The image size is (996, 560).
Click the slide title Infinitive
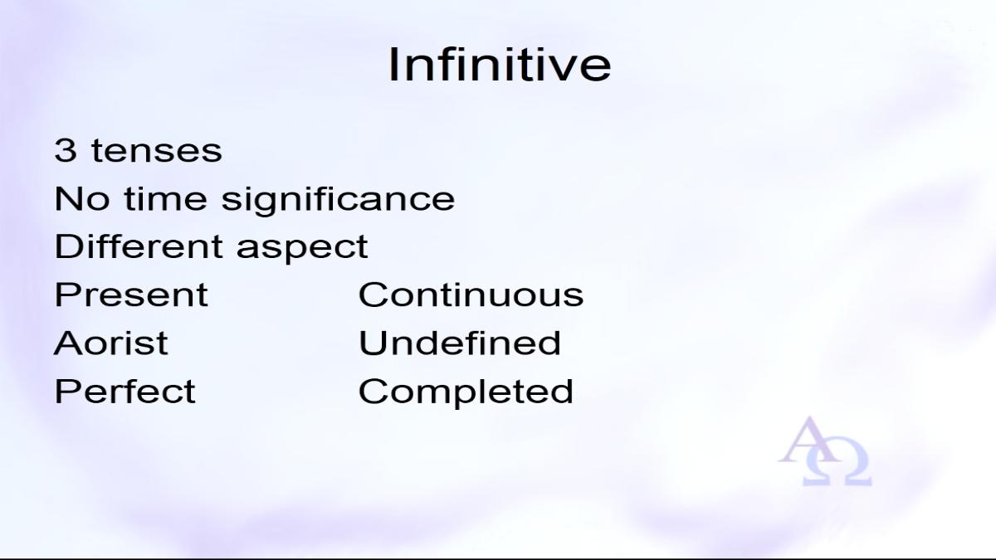(x=500, y=65)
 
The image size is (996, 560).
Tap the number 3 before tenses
(x=66, y=150)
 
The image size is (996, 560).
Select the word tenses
(x=157, y=151)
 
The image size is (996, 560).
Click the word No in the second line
(x=82, y=198)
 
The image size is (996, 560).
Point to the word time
(x=165, y=198)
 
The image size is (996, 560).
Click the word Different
(x=139, y=246)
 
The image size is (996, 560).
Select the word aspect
(x=302, y=249)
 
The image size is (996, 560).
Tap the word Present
(x=131, y=295)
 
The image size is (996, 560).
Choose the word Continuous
(x=471, y=295)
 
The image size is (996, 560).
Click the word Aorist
(x=110, y=343)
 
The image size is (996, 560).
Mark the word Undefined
(x=460, y=342)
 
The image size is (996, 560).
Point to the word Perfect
(x=125, y=391)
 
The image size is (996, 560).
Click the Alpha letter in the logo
(x=809, y=440)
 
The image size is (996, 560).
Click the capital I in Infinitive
(x=393, y=65)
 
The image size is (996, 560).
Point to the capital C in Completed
(x=372, y=391)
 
